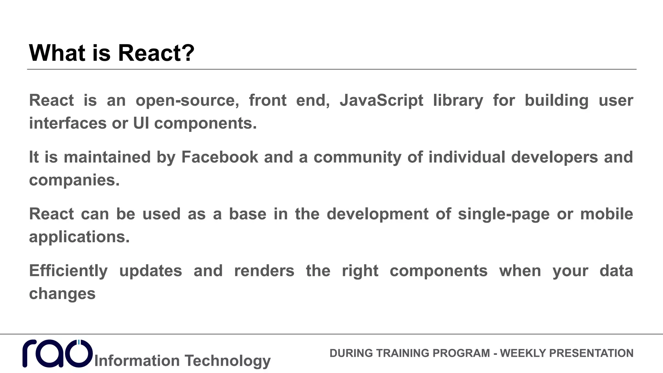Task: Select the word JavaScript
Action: (381, 100)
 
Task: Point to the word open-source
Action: (187, 100)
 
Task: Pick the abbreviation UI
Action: (141, 123)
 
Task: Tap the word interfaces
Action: (68, 123)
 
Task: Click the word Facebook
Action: (219, 157)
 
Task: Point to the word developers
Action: (554, 157)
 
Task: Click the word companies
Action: (74, 180)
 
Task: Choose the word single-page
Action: (504, 214)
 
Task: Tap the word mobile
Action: (606, 214)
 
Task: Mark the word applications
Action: (79, 237)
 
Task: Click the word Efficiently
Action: (68, 271)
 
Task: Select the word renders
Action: (264, 271)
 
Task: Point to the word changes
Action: (62, 294)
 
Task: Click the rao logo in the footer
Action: (57, 354)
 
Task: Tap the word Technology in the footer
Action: (228, 361)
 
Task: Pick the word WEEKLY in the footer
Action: (522, 353)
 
